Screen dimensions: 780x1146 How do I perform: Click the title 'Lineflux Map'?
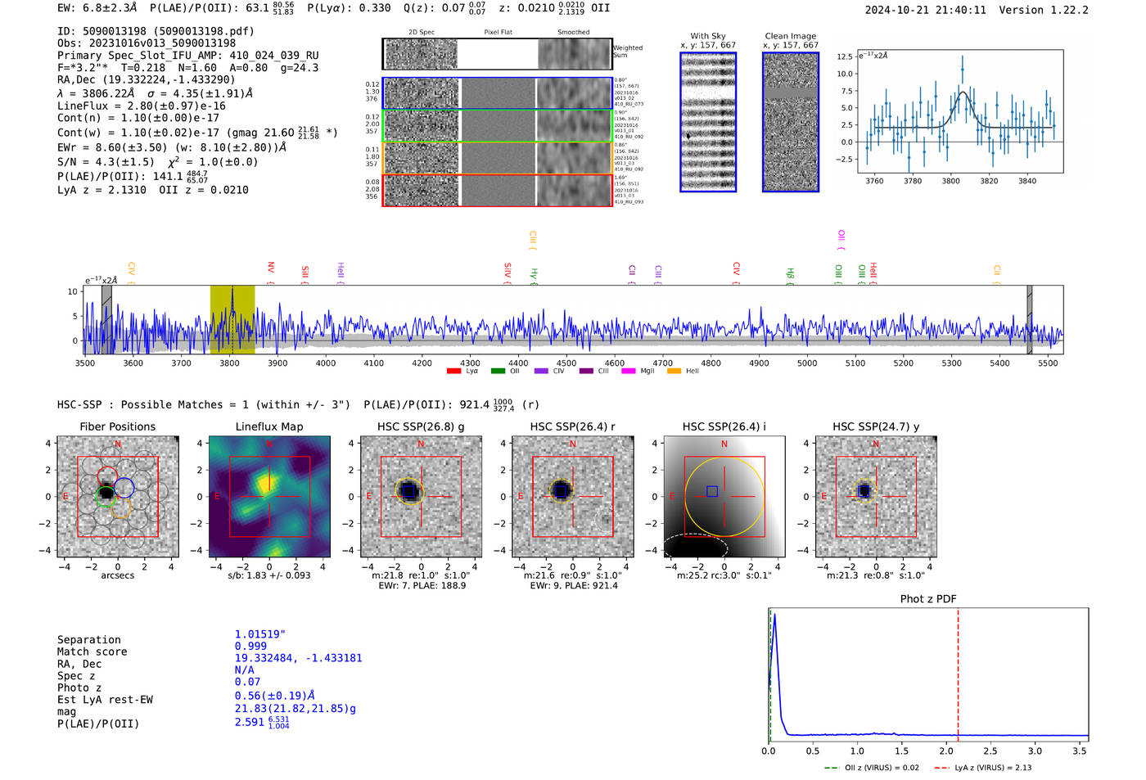tap(268, 426)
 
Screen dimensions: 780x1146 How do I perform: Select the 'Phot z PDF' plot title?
tap(928, 599)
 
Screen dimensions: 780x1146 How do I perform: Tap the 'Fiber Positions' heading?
tap(117, 426)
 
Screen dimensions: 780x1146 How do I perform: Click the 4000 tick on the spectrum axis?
tap(326, 363)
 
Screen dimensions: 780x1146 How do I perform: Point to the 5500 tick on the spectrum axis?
tap(1048, 363)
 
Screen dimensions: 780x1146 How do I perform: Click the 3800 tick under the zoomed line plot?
tap(950, 181)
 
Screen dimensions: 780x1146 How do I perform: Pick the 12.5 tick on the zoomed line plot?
tap(845, 56)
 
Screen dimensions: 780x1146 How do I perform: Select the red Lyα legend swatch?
tap(454, 372)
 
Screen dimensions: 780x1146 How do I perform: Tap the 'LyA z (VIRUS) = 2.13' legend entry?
tap(992, 768)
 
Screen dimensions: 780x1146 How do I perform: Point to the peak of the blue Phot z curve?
tap(774, 615)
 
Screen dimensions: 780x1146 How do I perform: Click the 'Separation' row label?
tap(88, 640)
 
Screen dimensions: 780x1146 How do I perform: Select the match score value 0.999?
tap(250, 647)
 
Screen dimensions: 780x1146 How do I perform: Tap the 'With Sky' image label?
tap(707, 36)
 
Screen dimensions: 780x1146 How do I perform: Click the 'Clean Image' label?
tap(790, 36)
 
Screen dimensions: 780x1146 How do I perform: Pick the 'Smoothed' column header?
tap(573, 33)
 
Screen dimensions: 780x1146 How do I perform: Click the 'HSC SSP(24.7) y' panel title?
tap(875, 426)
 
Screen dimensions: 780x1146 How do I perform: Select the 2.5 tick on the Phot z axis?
tap(990, 751)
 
